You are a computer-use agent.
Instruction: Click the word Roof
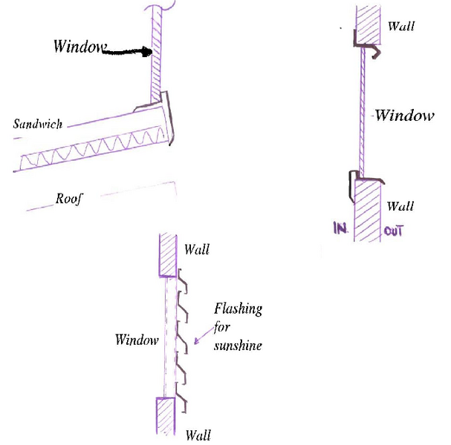pos(70,199)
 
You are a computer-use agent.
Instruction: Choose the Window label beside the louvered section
pos(137,340)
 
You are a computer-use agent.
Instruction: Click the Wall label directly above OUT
pos(400,206)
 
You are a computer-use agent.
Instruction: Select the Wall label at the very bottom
pos(198,435)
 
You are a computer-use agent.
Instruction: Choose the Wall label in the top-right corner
pos(401,26)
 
